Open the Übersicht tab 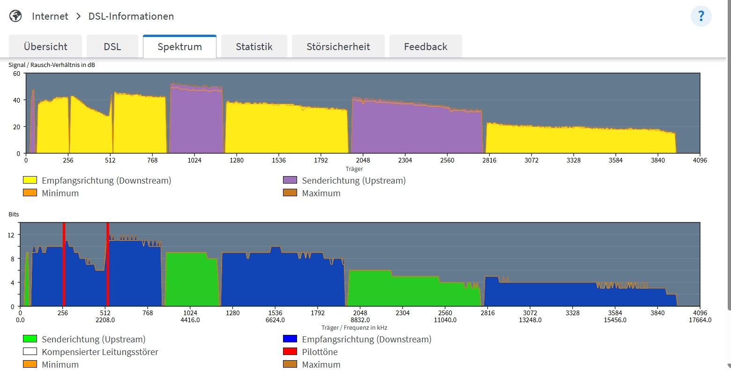tap(45, 47)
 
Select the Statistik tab tap(254, 47)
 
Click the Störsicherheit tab tap(338, 47)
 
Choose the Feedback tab tap(425, 47)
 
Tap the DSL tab tap(112, 47)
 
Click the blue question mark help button tap(701, 16)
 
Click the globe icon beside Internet tap(16, 16)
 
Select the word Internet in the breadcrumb tap(50, 16)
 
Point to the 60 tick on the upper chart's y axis tap(16, 74)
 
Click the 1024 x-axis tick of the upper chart tap(194, 160)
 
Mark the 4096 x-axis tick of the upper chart tap(700, 160)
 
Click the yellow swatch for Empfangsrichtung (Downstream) tap(30, 180)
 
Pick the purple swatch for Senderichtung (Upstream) tap(290, 180)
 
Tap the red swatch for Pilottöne tap(290, 352)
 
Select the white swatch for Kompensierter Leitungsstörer tap(30, 352)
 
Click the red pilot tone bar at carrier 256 tap(64, 265)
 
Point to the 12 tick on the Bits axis tap(11, 235)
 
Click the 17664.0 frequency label tap(700, 320)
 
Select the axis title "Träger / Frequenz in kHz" tap(354, 328)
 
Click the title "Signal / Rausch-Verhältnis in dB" tap(52, 65)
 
